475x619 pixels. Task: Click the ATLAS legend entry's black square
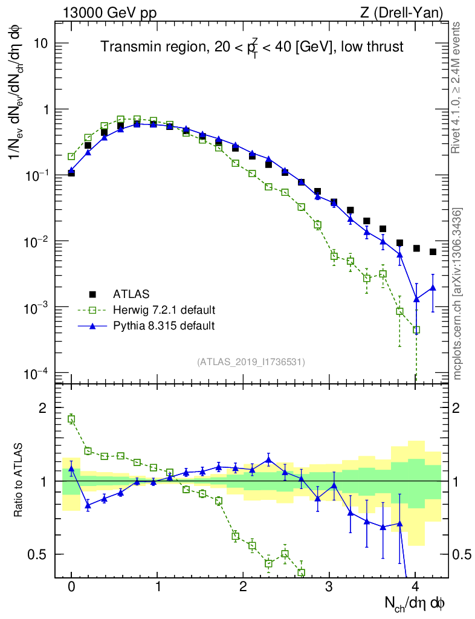92,294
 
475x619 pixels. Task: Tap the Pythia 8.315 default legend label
164,326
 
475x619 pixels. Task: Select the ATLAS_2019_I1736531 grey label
251,361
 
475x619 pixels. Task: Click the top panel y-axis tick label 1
45,110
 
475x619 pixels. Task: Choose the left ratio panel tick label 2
43,408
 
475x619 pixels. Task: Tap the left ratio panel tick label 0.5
37,554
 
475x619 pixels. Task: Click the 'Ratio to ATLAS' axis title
19,481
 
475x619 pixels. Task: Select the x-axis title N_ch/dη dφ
416,603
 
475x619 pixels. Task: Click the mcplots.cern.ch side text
457,294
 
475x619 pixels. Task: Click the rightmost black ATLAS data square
433,251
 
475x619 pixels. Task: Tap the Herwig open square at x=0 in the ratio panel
71,419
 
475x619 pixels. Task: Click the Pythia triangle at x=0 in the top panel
71,170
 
